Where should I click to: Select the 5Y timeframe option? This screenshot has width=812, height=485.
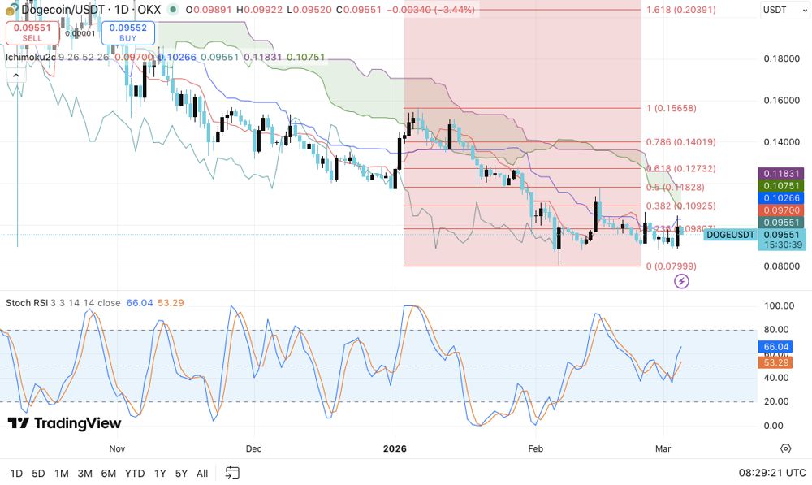[181, 473]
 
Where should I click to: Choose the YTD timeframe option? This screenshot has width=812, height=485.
[135, 473]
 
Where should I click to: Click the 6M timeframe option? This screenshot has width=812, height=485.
[108, 473]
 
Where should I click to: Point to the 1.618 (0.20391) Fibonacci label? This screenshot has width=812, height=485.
[681, 10]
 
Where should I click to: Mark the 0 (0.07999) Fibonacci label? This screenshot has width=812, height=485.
[671, 266]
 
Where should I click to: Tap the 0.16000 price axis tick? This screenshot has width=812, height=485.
[782, 101]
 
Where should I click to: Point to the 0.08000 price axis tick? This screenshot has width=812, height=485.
[782, 266]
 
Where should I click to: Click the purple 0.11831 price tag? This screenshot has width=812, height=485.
[781, 174]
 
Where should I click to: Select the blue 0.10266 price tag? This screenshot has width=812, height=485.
[781, 198]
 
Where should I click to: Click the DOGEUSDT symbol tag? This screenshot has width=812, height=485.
[731, 235]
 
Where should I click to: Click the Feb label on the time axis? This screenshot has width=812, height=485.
[535, 448]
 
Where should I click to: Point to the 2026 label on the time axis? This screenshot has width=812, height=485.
[394, 448]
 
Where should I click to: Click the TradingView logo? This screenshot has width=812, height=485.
[65, 423]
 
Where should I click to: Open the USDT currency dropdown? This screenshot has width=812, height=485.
[782, 11]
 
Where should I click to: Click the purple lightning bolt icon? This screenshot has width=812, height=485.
[682, 281]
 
